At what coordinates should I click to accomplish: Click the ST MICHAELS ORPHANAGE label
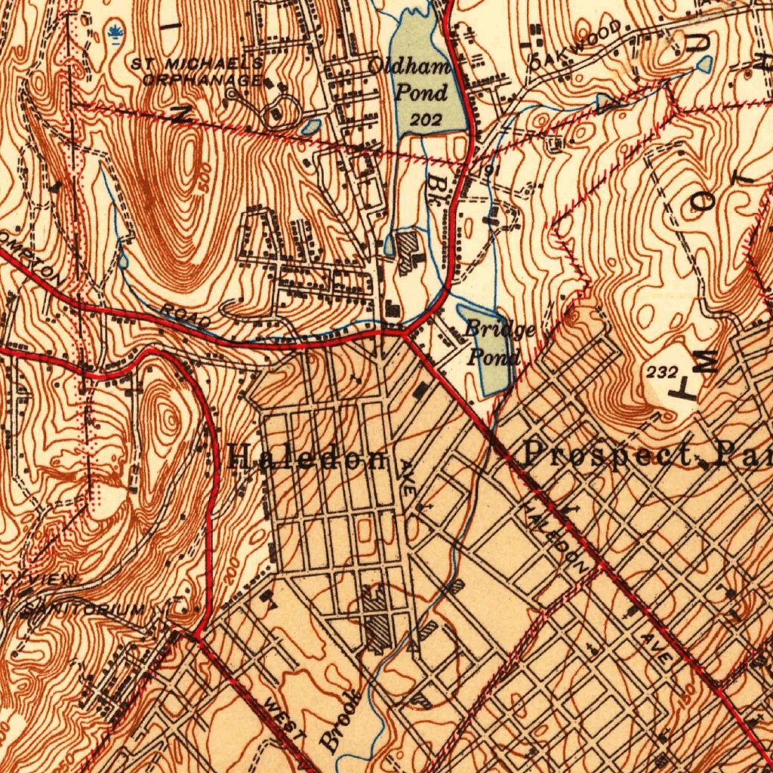point(198,70)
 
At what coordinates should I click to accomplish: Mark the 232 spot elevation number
point(662,372)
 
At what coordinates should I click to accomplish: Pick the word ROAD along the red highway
point(186,316)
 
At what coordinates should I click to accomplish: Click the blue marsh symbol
point(115,32)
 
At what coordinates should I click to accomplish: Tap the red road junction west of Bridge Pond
point(403,331)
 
